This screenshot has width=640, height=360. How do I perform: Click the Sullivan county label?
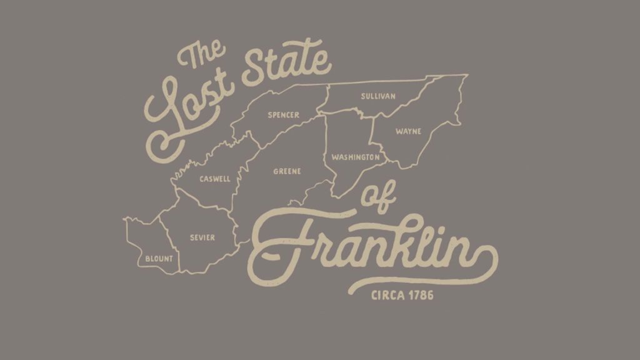click(x=378, y=96)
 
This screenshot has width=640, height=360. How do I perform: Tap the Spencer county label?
click(x=283, y=115)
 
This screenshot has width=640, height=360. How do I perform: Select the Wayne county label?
click(x=408, y=131)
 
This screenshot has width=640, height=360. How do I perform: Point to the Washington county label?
click(x=355, y=157)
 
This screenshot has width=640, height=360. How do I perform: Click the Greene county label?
click(x=287, y=171)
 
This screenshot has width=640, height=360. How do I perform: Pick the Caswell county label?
click(x=215, y=179)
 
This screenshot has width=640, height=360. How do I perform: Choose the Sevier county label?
click(x=202, y=237)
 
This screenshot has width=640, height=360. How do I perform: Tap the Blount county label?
click(x=159, y=258)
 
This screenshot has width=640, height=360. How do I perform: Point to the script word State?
click(x=286, y=67)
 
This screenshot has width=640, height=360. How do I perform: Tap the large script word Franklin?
click(x=369, y=247)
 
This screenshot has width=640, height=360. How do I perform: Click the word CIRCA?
click(x=388, y=294)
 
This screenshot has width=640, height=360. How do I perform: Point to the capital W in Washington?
click(x=335, y=157)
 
